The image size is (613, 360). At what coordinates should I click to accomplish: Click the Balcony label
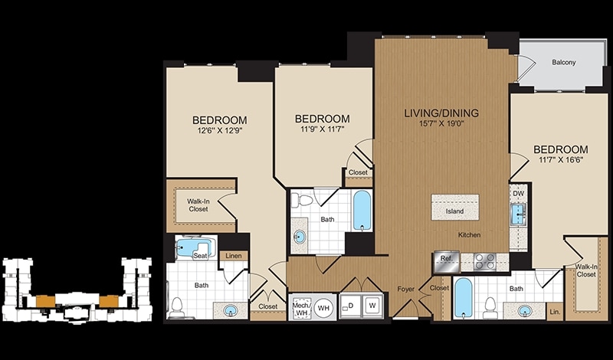(564, 62)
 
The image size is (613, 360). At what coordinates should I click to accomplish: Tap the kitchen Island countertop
(455, 207)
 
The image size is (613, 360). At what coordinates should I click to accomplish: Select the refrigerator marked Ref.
(446, 261)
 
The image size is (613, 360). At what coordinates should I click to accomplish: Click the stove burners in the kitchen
(485, 261)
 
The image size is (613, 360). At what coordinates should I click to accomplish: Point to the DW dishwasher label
(518, 193)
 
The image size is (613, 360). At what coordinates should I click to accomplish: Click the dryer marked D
(350, 306)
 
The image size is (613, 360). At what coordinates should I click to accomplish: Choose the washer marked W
(372, 306)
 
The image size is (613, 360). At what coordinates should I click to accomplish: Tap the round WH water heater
(323, 308)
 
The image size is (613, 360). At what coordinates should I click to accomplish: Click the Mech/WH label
(301, 307)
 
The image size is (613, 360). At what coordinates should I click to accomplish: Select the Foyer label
(405, 290)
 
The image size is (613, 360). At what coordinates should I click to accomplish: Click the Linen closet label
(233, 256)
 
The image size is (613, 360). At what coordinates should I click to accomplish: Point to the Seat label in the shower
(200, 256)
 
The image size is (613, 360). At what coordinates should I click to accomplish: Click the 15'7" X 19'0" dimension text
(441, 124)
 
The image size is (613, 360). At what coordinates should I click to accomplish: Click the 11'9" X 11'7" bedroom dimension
(322, 129)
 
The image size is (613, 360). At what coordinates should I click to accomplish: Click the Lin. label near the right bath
(555, 312)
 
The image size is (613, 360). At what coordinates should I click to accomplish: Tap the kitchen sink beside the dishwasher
(519, 214)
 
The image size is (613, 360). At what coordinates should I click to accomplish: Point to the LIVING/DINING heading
(441, 113)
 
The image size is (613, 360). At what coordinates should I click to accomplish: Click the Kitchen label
(469, 235)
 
